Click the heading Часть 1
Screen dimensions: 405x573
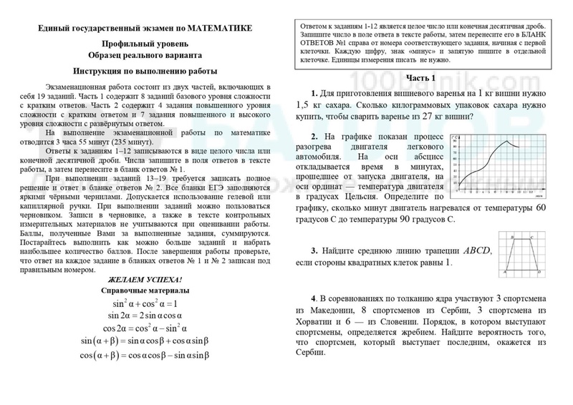pyautogui.click(x=421, y=77)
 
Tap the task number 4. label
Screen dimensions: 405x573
pyautogui.click(x=315, y=298)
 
